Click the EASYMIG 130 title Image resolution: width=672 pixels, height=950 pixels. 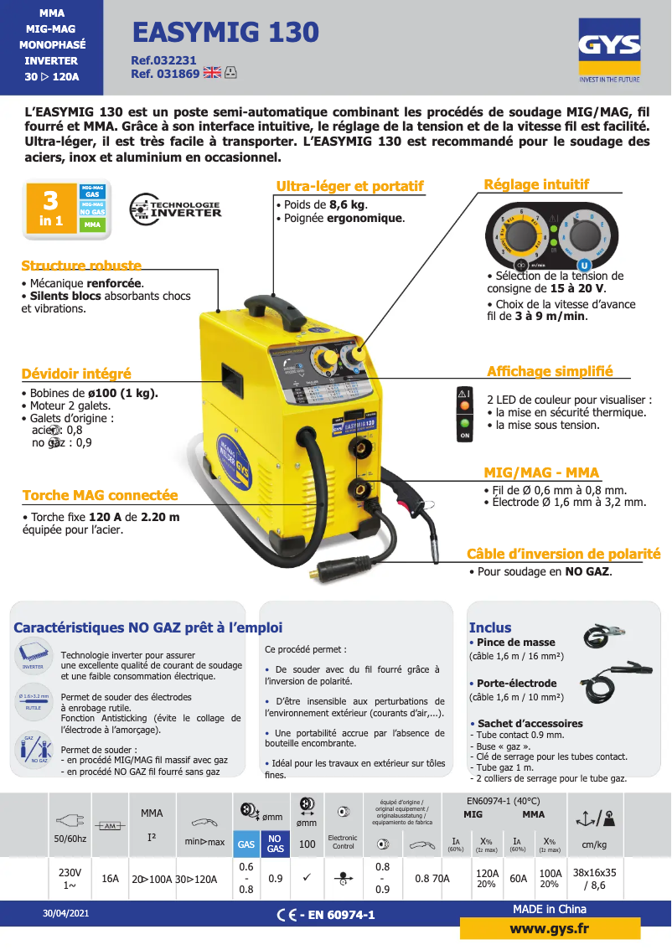(225, 32)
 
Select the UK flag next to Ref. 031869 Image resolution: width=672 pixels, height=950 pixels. (212, 73)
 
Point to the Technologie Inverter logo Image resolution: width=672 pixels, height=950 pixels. (176, 209)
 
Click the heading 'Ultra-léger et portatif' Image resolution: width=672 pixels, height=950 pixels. (349, 186)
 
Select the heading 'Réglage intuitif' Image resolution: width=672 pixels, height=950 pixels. (536, 184)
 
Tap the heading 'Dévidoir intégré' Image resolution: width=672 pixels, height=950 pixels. (76, 374)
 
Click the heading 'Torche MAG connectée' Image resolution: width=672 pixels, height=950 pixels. (100, 495)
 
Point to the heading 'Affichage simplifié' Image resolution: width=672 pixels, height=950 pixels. (550, 371)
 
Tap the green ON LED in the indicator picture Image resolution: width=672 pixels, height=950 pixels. (465, 425)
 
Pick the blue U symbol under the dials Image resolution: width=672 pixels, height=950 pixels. (585, 265)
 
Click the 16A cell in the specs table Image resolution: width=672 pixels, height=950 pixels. (110, 879)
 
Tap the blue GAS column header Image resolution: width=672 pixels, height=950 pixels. (246, 844)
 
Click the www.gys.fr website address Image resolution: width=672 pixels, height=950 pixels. (550, 929)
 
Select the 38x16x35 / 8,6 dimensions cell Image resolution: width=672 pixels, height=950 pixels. (594, 879)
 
